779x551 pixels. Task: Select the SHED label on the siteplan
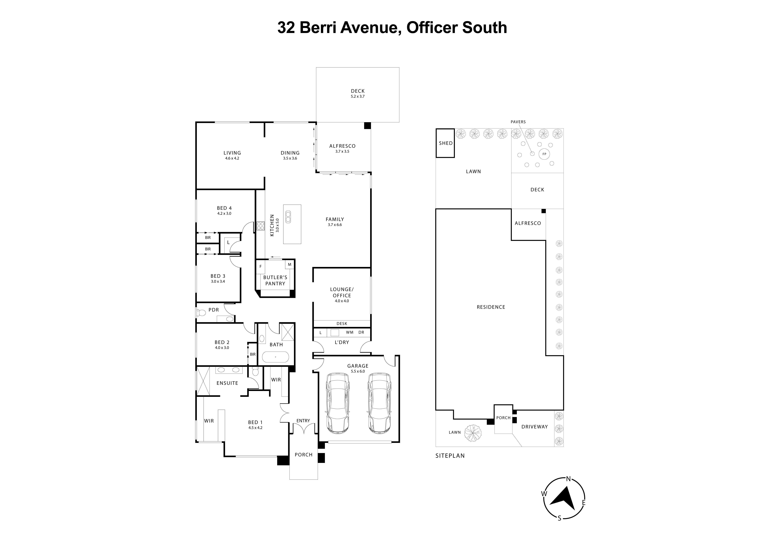445,143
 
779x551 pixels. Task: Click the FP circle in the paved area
544,154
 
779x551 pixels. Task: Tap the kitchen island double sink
288,217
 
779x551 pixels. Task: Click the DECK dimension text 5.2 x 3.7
358,96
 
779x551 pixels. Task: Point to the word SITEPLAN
450,456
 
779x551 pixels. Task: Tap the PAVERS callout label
518,122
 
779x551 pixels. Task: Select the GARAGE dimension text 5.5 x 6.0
358,371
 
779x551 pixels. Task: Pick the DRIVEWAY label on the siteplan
534,427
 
